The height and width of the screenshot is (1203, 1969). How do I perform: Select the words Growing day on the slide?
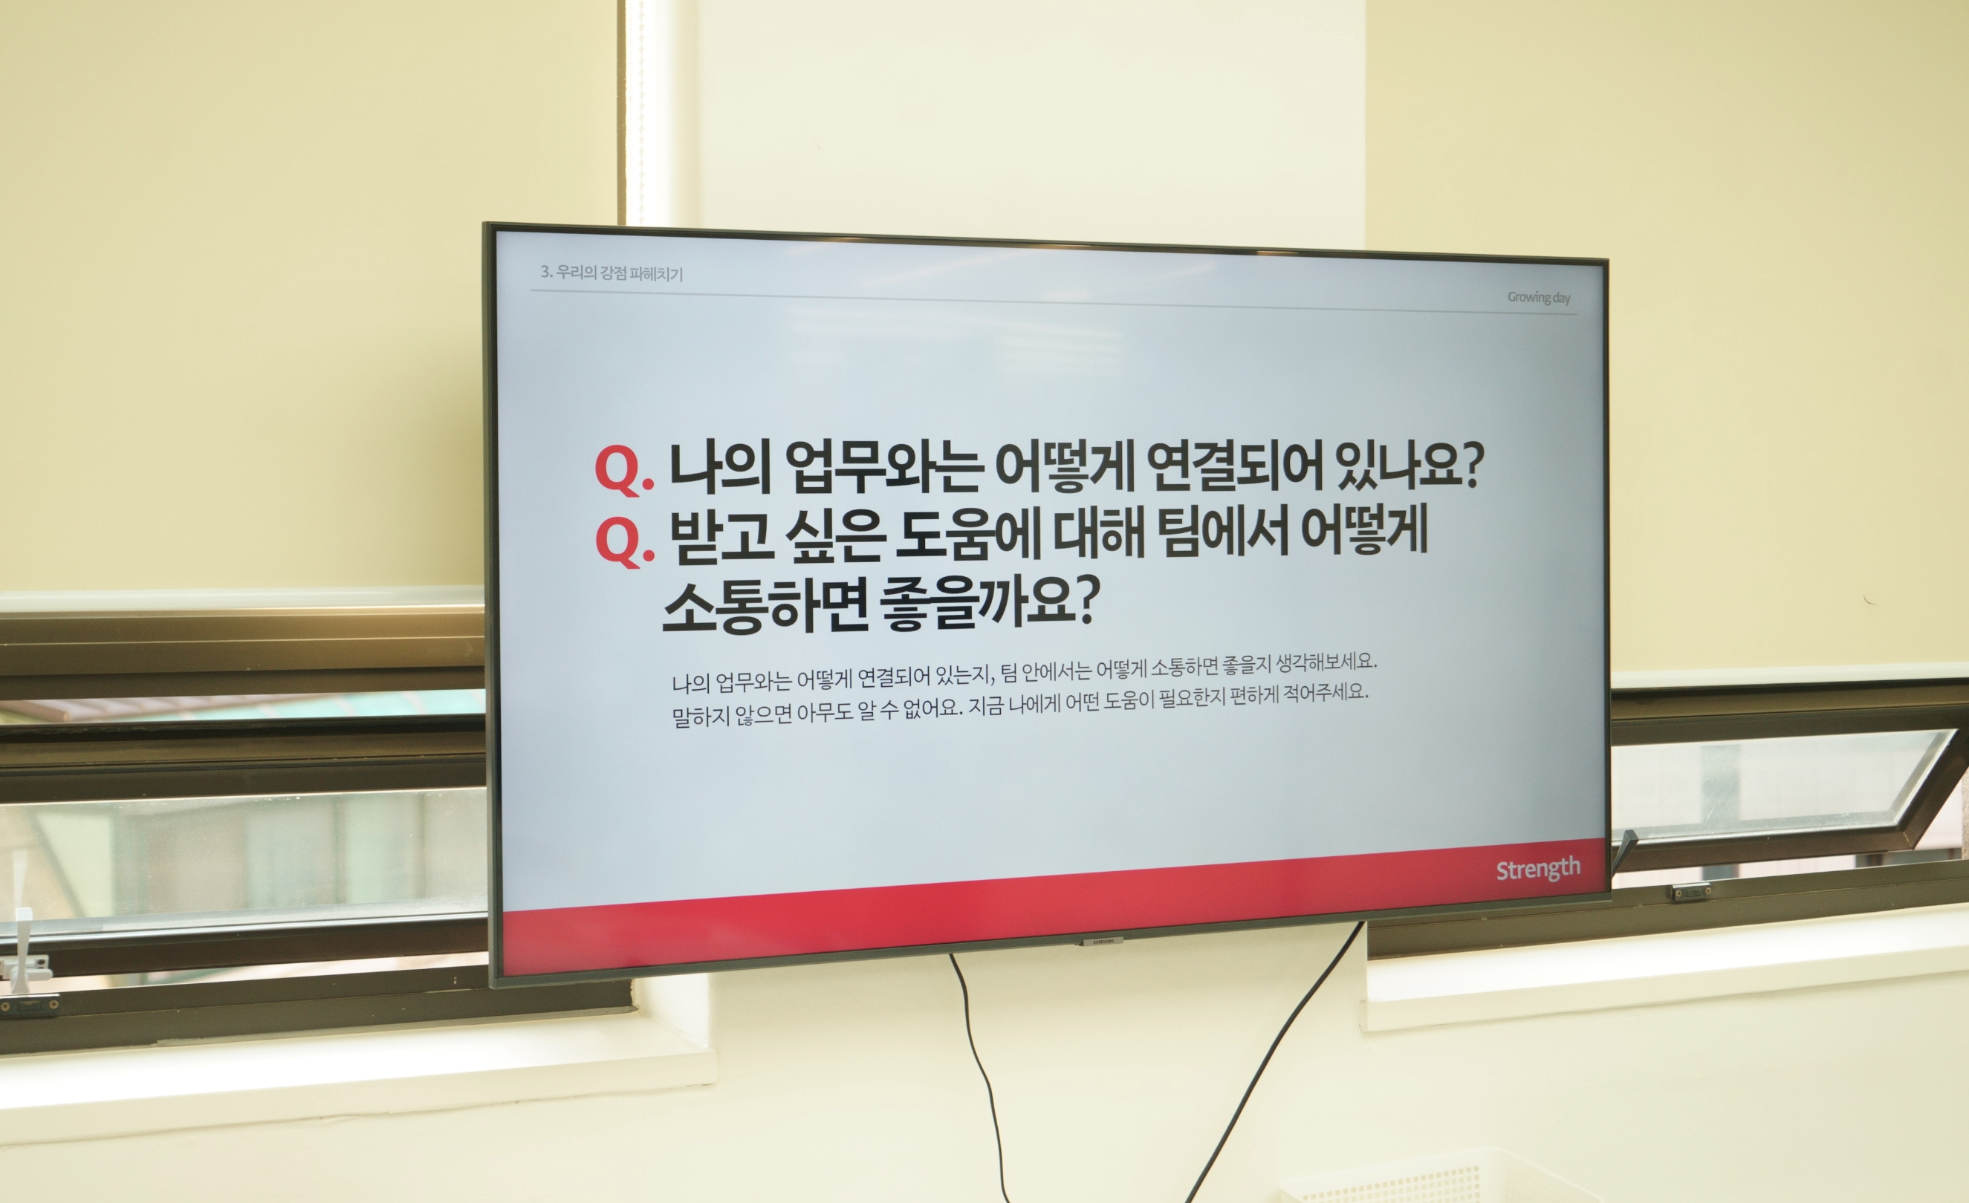1538,297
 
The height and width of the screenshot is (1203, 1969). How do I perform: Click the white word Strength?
1537,869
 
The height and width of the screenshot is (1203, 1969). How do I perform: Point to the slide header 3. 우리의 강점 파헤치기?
612,273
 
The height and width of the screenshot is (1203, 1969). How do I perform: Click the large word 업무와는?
883,466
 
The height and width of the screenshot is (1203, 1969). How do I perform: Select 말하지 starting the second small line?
700,715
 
